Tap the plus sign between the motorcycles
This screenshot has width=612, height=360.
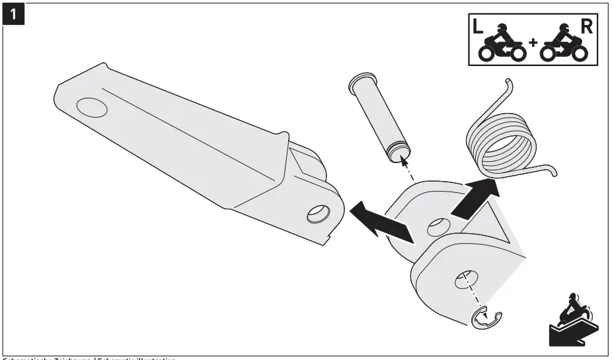(533, 48)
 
